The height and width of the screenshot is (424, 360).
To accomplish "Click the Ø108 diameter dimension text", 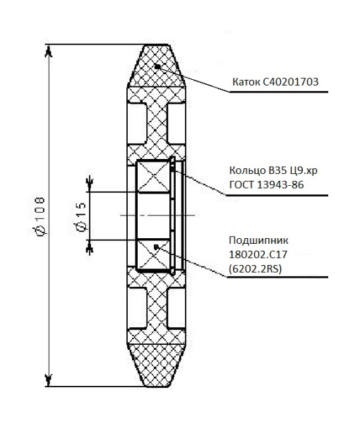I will [40, 216].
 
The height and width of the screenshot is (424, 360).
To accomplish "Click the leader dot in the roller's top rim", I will [159, 66].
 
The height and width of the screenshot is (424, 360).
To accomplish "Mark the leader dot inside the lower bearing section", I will [157, 246].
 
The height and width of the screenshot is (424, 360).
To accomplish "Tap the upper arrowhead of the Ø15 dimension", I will [89, 187].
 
